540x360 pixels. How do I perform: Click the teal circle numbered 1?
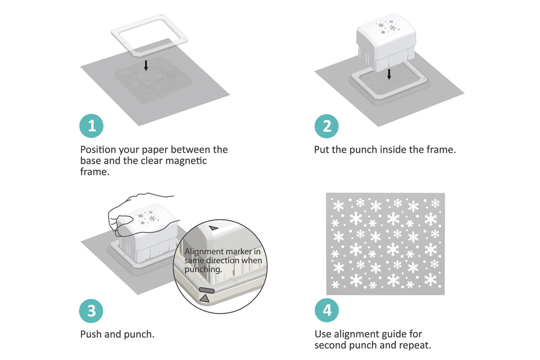[92, 126]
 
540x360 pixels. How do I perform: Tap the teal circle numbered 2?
[327, 126]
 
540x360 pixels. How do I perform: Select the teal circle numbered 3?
[92, 311]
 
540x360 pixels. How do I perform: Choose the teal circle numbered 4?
[327, 311]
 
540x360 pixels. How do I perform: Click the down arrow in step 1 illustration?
[146, 65]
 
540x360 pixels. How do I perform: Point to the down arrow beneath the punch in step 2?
[389, 75]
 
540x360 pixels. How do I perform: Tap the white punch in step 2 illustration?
[386, 44]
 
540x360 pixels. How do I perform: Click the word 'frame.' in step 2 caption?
[442, 150]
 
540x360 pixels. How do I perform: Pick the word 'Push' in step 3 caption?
[91, 334]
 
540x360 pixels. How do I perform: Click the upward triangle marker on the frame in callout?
[205, 298]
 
